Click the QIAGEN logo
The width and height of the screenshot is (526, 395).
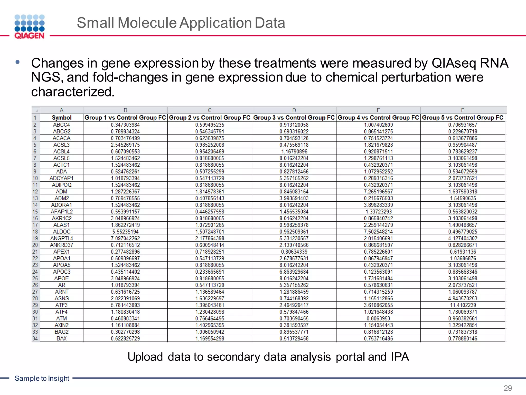(x=30, y=27)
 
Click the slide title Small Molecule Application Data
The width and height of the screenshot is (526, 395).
(x=181, y=23)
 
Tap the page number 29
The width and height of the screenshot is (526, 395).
(x=508, y=388)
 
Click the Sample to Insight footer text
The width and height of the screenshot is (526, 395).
(x=42, y=378)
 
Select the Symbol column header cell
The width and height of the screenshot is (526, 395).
(x=62, y=118)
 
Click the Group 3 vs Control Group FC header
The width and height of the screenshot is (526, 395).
(x=294, y=118)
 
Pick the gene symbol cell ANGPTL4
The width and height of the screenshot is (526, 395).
(x=62, y=238)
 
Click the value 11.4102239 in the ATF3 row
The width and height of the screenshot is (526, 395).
(x=463, y=305)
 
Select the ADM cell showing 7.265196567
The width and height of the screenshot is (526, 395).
(x=378, y=192)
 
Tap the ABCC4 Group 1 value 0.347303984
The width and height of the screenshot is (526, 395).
(x=125, y=125)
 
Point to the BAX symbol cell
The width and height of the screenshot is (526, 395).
(x=62, y=339)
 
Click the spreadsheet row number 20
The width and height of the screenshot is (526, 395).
(x=35, y=245)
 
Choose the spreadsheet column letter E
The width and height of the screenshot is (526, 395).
(x=378, y=110)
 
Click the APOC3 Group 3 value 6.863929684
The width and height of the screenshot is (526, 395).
(x=294, y=272)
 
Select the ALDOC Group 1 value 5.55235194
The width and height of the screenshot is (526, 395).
(x=125, y=232)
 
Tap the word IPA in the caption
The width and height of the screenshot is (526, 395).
(x=400, y=357)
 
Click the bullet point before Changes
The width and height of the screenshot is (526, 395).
(x=17, y=62)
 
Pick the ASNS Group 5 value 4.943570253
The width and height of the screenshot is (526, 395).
(x=463, y=299)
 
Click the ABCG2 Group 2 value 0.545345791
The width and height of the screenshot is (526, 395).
(x=210, y=132)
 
